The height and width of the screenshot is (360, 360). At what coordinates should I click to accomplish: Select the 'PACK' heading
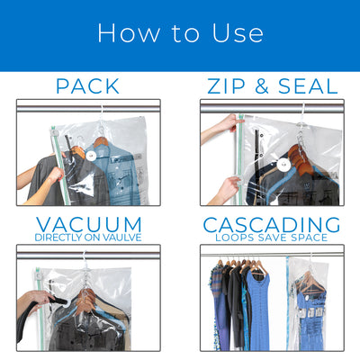88,86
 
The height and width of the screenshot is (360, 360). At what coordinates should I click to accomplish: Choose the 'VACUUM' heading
88,223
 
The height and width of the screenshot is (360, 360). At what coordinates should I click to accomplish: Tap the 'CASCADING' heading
271,223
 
